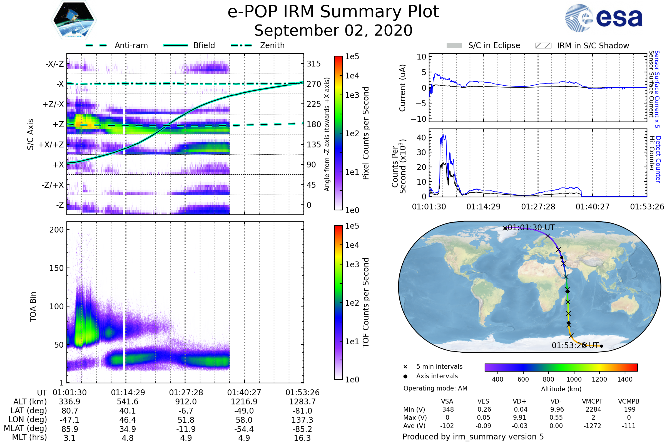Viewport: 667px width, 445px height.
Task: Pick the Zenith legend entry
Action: pos(272,45)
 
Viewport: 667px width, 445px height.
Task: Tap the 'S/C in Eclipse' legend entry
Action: pos(494,45)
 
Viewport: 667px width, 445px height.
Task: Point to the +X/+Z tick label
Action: pos(51,145)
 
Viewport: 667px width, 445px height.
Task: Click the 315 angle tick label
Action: pos(313,64)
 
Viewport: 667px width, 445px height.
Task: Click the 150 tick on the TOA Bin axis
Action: pos(56,268)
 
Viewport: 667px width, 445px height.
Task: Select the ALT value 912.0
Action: pos(186,402)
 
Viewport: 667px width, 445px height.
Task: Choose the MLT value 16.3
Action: pos(302,438)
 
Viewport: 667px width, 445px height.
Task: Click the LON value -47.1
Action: pos(69,420)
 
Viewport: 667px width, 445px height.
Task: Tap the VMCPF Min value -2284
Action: pos(592,409)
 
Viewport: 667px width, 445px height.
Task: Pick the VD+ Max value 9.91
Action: pos(519,417)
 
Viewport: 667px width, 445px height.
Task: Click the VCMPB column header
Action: pos(628,401)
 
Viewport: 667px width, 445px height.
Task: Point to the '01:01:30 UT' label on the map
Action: pos(531,228)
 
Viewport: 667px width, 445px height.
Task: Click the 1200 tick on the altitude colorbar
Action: pos(599,379)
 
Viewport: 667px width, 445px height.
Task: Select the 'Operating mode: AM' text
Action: pos(435,388)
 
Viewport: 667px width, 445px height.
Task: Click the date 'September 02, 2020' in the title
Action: pos(333,31)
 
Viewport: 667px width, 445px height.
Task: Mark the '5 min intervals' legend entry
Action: pos(439,367)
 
